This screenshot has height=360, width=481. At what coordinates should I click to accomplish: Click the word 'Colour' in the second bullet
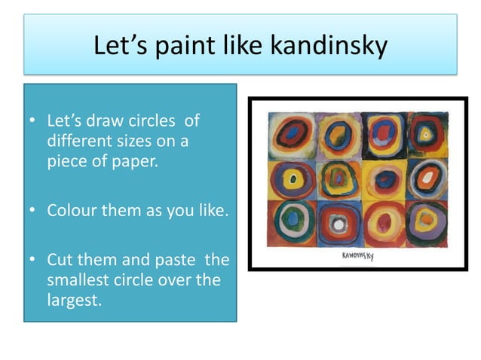click(70, 211)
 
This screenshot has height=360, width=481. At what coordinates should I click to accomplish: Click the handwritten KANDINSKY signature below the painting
click(358, 257)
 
